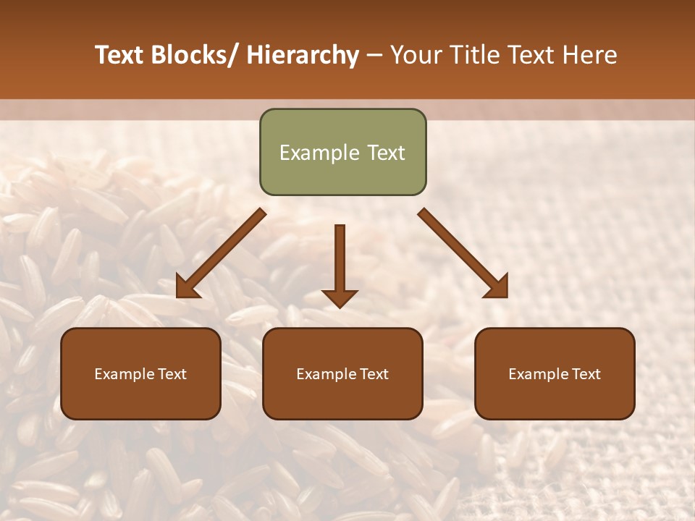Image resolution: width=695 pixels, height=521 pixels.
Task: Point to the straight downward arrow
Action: tap(340, 264)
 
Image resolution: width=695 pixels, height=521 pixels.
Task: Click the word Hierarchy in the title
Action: tap(303, 55)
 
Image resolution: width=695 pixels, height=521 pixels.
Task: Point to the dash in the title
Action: tap(374, 56)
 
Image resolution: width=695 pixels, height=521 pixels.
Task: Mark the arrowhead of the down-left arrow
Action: tap(186, 288)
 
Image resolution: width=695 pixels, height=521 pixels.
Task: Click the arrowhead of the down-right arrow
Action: tap(498, 288)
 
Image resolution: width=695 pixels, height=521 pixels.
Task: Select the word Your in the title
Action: tap(414, 55)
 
